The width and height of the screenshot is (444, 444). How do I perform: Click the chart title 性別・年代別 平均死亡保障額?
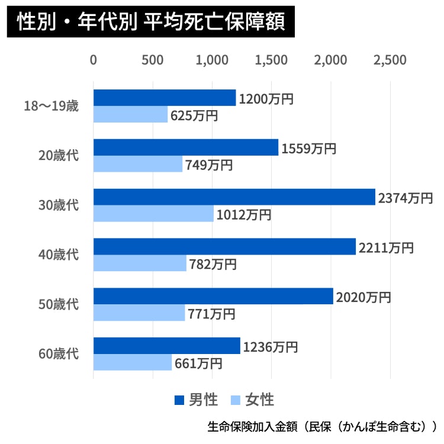pyautogui.click(x=151, y=22)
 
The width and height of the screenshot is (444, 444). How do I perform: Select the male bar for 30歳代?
pyautogui.click(x=234, y=197)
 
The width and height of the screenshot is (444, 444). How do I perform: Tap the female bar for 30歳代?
pyautogui.click(x=153, y=214)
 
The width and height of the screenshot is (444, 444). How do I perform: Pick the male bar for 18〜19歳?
pyautogui.click(x=165, y=98)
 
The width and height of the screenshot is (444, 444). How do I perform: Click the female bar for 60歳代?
pyautogui.click(x=133, y=362)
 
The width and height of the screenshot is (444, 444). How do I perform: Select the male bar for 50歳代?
pyautogui.click(x=213, y=296)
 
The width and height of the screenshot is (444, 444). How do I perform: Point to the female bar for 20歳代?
pyautogui.click(x=138, y=164)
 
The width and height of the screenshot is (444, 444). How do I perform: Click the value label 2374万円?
pyautogui.click(x=407, y=198)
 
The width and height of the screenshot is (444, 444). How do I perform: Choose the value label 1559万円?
pyautogui.click(x=309, y=149)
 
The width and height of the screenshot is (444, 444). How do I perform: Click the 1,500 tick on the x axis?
pyautogui.click(x=271, y=60)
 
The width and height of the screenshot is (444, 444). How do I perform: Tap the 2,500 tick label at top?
pyautogui.click(x=390, y=60)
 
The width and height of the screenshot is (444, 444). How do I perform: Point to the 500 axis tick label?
pyautogui.click(x=153, y=60)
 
